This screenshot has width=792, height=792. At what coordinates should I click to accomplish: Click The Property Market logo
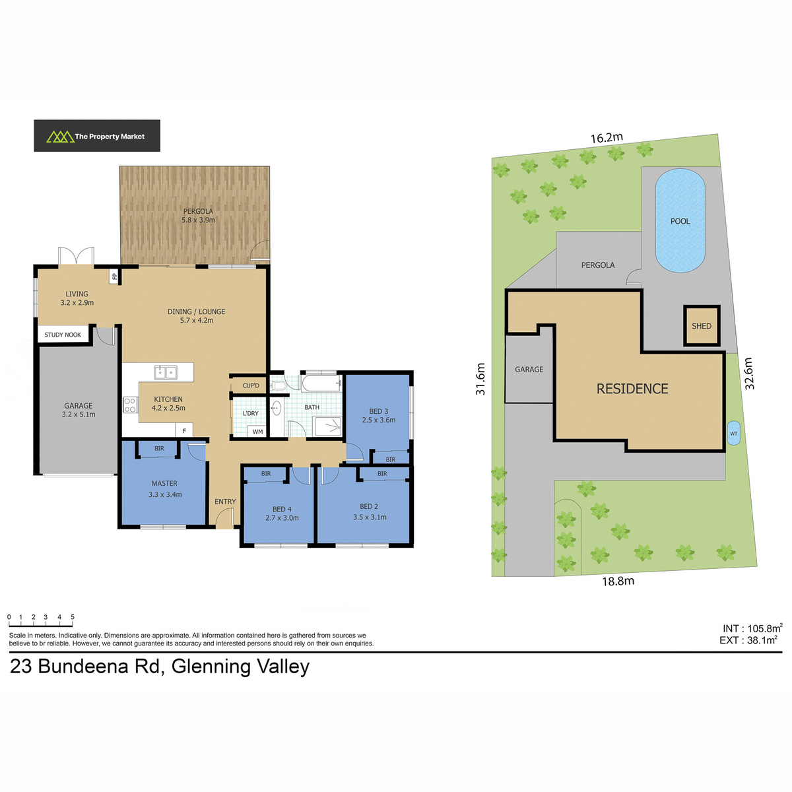click(x=96, y=136)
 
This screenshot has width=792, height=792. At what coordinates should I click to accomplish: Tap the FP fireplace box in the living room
click(x=114, y=276)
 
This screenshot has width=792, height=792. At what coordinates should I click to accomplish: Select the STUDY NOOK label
click(x=63, y=335)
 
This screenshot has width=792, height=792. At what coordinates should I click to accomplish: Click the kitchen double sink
click(x=166, y=372)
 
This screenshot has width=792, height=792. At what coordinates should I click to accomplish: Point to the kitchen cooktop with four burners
click(x=130, y=405)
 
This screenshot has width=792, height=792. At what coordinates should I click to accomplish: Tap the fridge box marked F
click(x=184, y=431)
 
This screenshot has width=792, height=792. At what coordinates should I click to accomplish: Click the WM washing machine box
click(x=257, y=432)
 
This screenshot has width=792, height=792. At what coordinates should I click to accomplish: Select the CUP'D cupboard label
click(x=251, y=385)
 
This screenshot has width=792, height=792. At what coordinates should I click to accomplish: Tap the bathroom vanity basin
click(x=276, y=408)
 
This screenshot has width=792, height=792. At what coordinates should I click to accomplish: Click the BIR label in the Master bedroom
click(x=159, y=448)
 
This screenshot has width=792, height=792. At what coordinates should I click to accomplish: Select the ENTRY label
click(x=225, y=502)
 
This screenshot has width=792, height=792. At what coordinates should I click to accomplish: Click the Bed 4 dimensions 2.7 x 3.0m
click(x=282, y=518)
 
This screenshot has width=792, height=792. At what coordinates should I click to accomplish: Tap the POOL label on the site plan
click(x=680, y=221)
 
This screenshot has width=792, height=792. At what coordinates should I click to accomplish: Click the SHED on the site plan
click(x=702, y=325)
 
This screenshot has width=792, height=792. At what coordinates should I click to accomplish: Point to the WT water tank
click(x=734, y=433)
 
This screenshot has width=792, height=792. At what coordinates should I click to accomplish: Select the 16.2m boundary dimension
click(x=607, y=138)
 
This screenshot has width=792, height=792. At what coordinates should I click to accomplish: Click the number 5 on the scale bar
click(x=73, y=617)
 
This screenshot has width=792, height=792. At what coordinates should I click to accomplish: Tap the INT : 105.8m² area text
click(x=752, y=628)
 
